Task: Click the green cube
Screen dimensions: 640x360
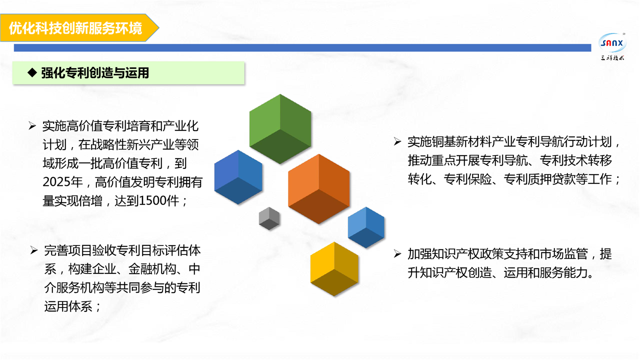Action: pyautogui.click(x=280, y=129)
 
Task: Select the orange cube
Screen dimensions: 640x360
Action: pyautogui.click(x=318, y=189)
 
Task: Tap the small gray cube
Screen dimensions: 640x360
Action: pyautogui.click(x=269, y=218)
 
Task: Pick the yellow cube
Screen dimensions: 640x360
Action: pyautogui.click(x=334, y=269)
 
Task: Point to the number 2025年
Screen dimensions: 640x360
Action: pyautogui.click(x=62, y=182)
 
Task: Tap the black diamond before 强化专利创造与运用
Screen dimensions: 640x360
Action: pyautogui.click(x=32, y=72)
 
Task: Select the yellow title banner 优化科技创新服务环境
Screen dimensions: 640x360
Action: pyautogui.click(x=79, y=27)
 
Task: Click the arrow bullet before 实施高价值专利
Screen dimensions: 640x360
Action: pyautogui.click(x=32, y=125)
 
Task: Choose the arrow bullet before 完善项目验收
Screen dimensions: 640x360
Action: pyautogui.click(x=34, y=250)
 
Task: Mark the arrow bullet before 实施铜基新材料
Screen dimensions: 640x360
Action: pyautogui.click(x=397, y=141)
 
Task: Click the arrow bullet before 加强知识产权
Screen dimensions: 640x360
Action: pyautogui.click(x=397, y=253)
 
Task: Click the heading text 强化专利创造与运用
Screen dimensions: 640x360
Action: pyautogui.click(x=95, y=73)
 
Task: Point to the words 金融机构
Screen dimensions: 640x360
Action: pyautogui.click(x=152, y=269)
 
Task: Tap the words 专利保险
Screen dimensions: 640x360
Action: pyautogui.click(x=467, y=179)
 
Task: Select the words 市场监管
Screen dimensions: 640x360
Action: pyautogui.click(x=563, y=253)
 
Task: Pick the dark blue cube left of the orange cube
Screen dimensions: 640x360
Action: pyautogui.click(x=238, y=177)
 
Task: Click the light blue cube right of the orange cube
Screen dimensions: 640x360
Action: pyautogui.click(x=366, y=227)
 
